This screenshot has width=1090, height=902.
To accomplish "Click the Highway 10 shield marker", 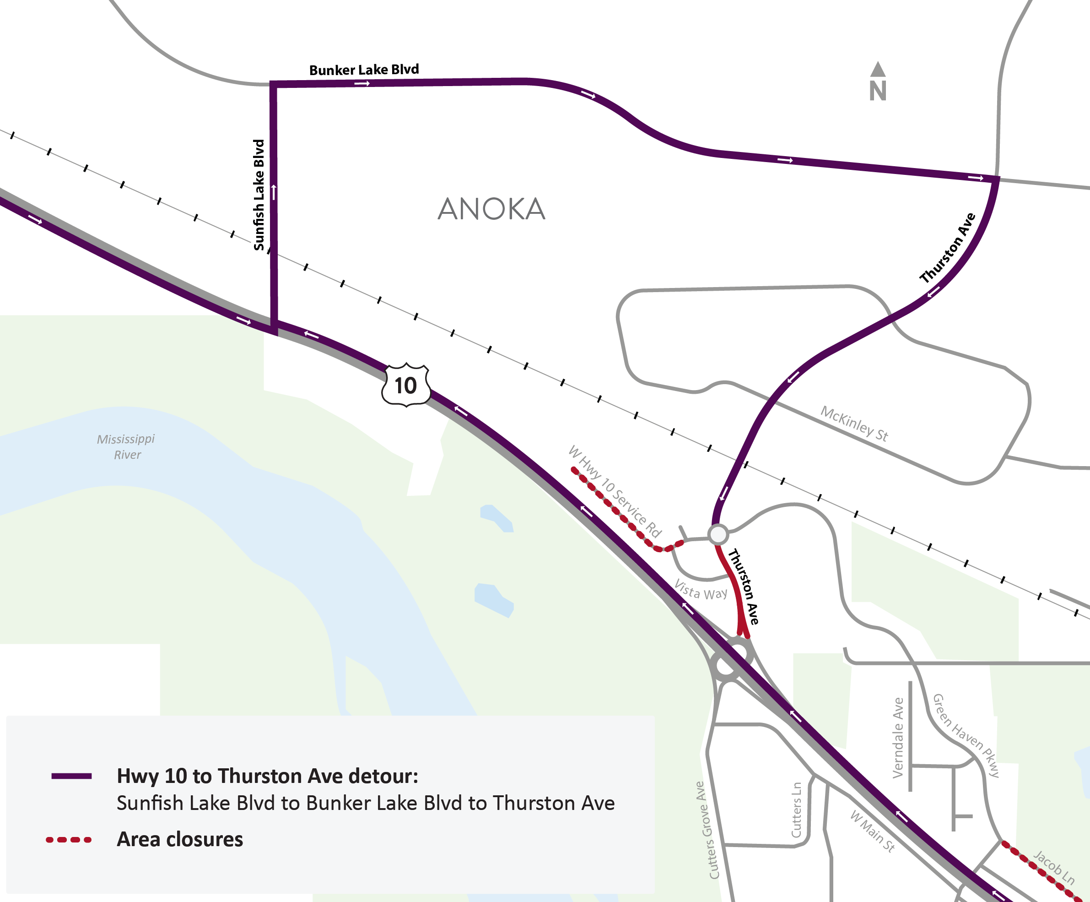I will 406,386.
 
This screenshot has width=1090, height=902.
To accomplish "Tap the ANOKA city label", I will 491,209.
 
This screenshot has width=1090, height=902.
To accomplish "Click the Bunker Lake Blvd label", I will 364,70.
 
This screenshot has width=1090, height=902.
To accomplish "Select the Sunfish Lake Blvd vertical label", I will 259,195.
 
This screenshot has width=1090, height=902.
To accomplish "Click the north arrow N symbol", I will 878,83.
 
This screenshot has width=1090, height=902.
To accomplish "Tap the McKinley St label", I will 854,424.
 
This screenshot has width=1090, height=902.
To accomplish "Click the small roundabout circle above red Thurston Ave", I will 718,534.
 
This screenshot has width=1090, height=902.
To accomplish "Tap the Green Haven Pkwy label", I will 966,735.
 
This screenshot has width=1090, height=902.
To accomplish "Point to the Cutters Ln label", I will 796,810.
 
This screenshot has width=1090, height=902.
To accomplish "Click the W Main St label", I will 873,831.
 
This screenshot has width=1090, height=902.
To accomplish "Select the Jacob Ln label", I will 1054,867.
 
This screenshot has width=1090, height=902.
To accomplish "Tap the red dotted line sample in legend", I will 69,840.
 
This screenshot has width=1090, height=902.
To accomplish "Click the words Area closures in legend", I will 179,840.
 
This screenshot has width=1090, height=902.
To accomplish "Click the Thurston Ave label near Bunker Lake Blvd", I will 948,248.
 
